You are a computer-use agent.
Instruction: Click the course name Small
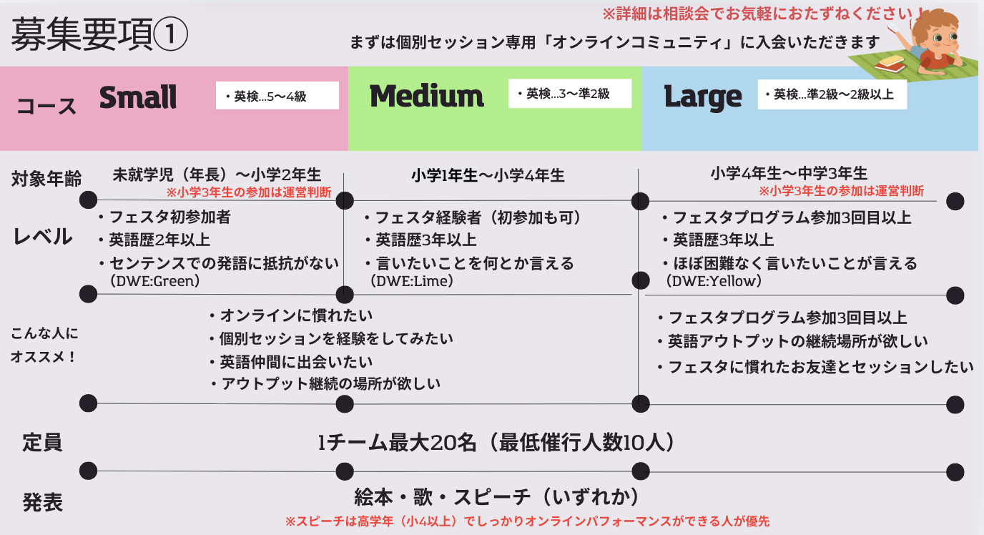click(x=138, y=97)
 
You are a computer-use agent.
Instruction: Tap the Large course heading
click(x=703, y=97)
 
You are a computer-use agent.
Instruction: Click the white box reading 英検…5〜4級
click(x=277, y=96)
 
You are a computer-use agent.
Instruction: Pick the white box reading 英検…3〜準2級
click(x=569, y=94)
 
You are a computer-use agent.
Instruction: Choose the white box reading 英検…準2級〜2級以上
click(x=832, y=94)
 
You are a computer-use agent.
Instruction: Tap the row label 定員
click(x=42, y=442)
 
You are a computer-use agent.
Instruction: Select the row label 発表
click(x=42, y=502)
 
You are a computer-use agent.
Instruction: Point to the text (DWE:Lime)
click(x=413, y=281)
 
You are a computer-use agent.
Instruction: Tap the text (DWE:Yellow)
click(x=713, y=281)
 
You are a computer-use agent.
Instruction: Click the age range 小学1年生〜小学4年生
click(x=488, y=175)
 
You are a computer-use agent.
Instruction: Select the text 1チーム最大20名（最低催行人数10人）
click(x=496, y=443)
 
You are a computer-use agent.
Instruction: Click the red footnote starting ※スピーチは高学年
click(x=527, y=521)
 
